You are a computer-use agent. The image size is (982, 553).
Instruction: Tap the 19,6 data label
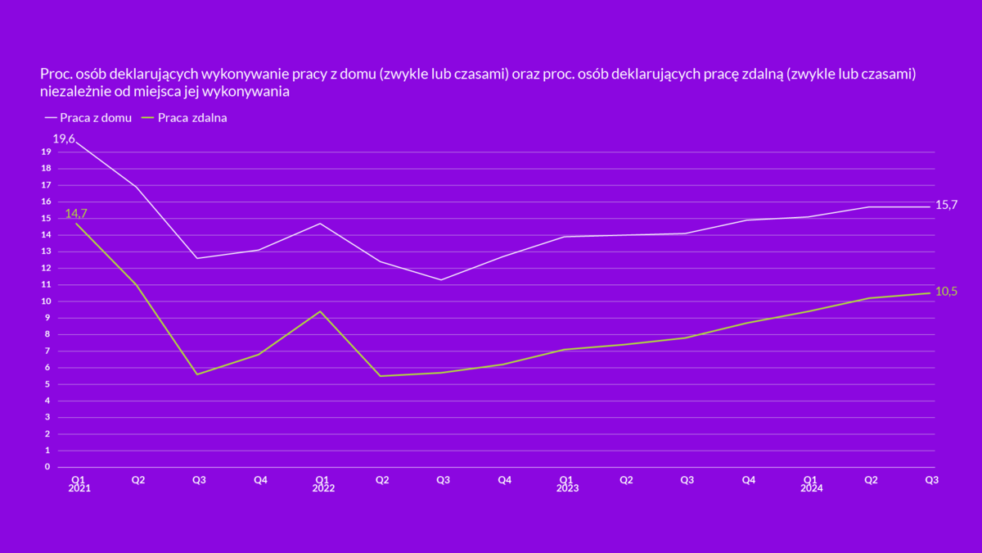pyautogui.click(x=64, y=139)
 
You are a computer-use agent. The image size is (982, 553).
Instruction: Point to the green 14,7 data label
pyautogui.click(x=76, y=214)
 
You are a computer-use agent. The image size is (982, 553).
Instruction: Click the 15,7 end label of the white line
pyautogui.click(x=947, y=205)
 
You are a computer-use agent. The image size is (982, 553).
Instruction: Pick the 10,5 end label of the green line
pyautogui.click(x=947, y=292)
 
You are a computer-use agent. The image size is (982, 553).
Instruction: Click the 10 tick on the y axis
pyautogui.click(x=47, y=301)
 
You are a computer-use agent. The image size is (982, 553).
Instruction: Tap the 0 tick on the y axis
pyautogui.click(x=47, y=467)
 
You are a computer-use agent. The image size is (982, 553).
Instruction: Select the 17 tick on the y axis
pyautogui.click(x=47, y=185)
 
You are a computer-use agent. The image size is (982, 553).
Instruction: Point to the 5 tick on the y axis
pyautogui.click(x=47, y=384)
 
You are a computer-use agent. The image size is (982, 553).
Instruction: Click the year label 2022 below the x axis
pyautogui.click(x=323, y=488)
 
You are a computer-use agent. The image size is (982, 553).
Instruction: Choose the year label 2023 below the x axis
pyautogui.click(x=567, y=488)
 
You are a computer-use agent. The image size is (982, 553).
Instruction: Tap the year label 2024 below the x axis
pyautogui.click(x=811, y=488)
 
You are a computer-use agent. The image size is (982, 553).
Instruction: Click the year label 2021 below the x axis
pyautogui.click(x=79, y=488)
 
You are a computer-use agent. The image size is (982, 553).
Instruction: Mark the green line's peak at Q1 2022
pyautogui.click(x=320, y=311)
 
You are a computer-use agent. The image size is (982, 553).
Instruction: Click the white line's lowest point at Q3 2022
pyautogui.click(x=442, y=279)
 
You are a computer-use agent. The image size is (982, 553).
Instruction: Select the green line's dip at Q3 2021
pyautogui.click(x=197, y=374)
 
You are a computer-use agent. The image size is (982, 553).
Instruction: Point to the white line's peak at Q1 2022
pyautogui.click(x=320, y=223)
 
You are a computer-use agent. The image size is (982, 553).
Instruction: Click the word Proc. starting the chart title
pyautogui.click(x=55, y=75)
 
